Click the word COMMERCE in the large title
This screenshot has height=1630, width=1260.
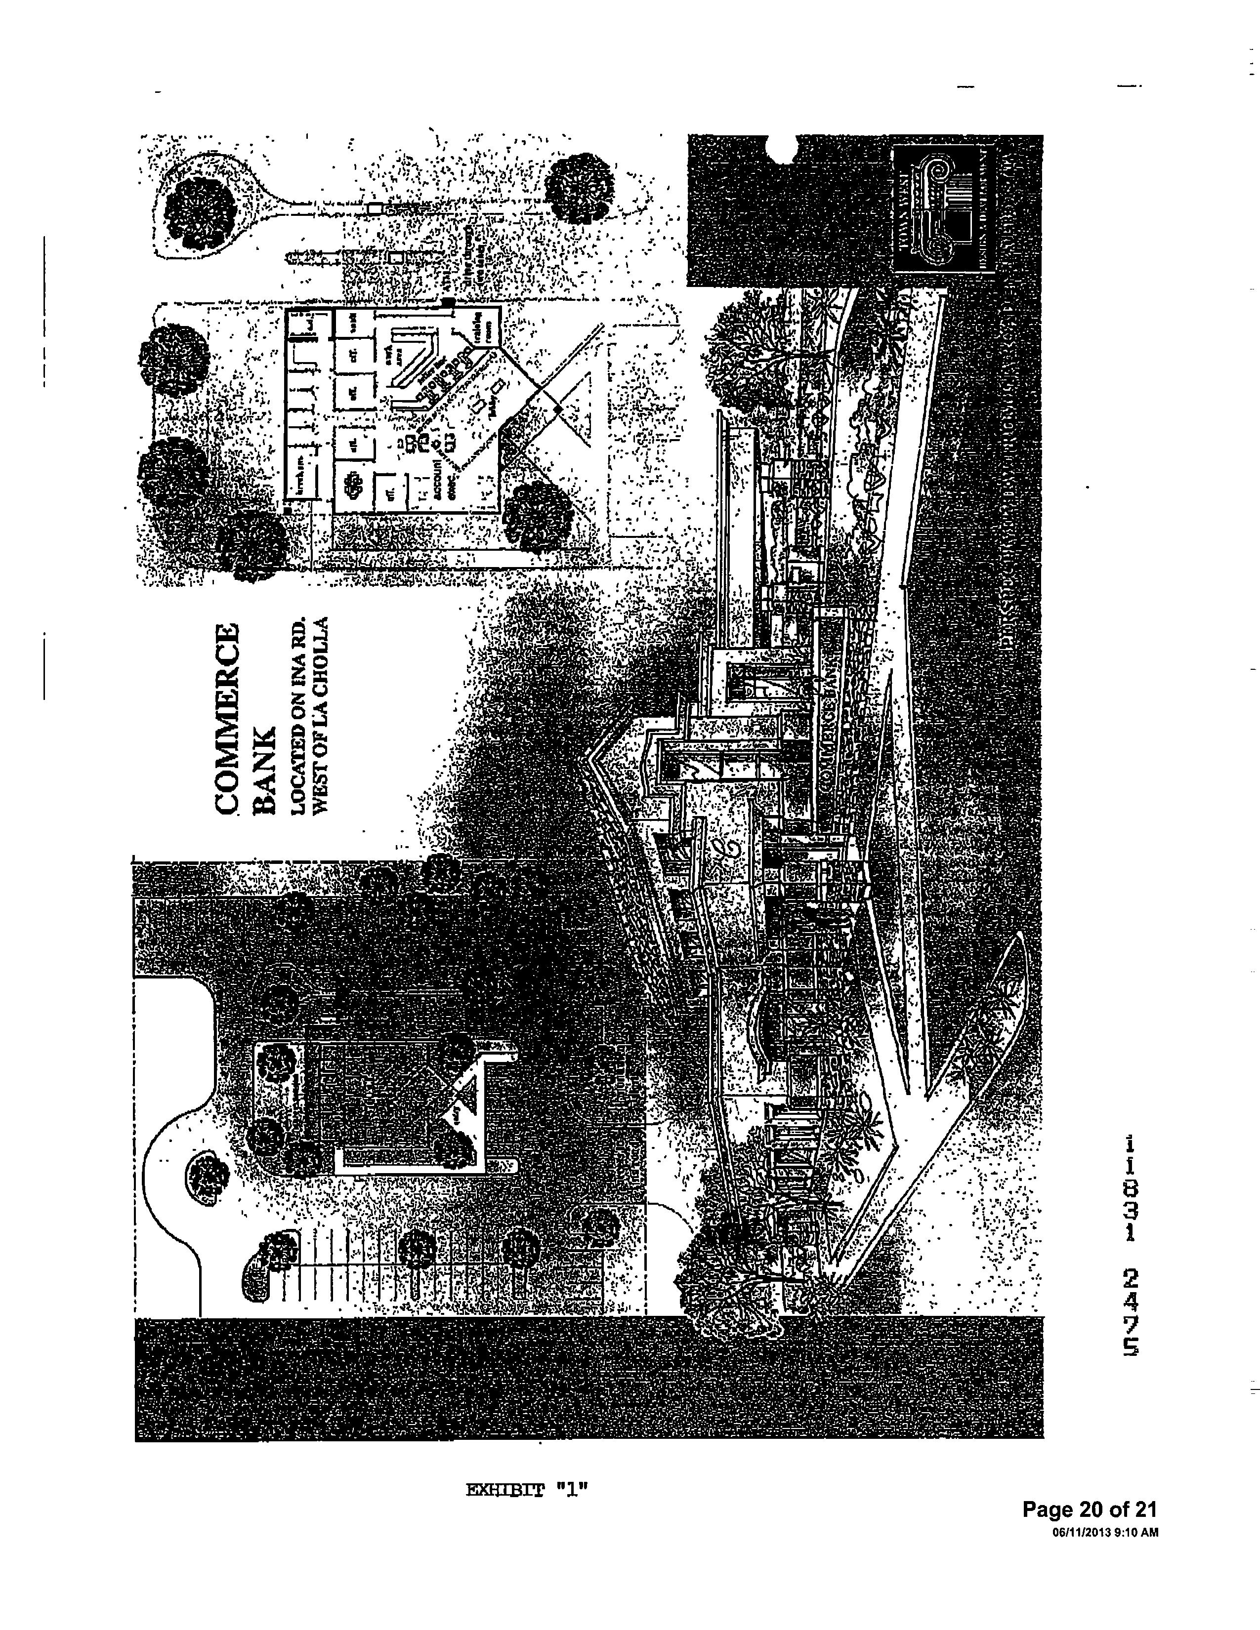click(226, 718)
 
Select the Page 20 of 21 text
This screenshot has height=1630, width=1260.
click(1089, 1510)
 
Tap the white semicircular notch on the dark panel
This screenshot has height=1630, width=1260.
click(781, 148)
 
